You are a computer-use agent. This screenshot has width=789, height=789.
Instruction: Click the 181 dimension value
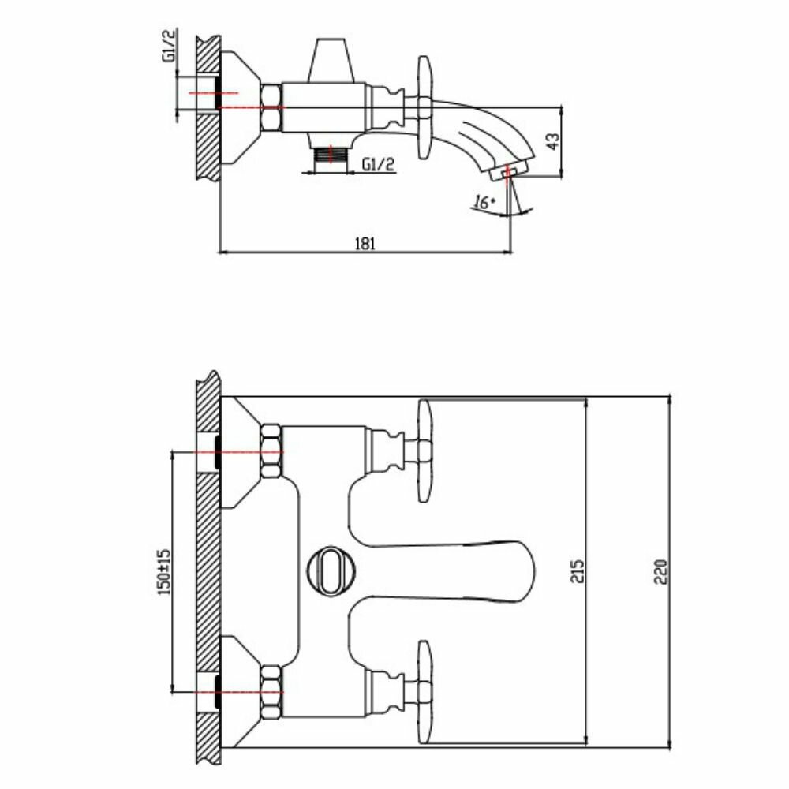pos(364,244)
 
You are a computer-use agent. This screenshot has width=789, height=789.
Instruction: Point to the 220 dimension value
pos(661,570)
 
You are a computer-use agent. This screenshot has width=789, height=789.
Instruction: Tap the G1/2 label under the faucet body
pos(380,163)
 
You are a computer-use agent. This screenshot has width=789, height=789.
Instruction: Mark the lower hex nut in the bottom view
pos(271,690)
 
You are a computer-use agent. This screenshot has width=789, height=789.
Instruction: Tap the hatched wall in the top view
pos(206,107)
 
